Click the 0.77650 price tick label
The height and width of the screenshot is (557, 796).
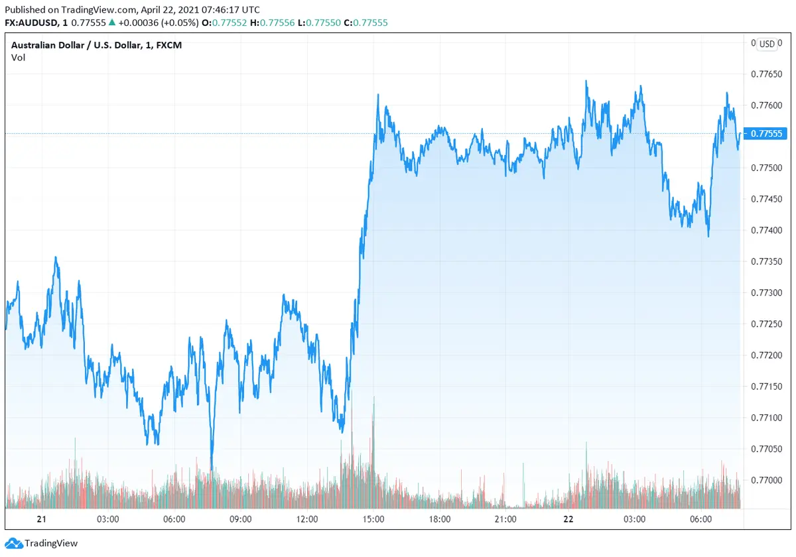(766, 74)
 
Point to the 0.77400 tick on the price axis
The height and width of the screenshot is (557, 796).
(766, 230)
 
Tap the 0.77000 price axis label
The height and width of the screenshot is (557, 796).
(766, 479)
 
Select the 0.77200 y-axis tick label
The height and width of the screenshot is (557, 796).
(766, 355)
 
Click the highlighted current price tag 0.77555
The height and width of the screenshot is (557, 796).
(766, 134)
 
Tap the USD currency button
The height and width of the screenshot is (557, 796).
(767, 44)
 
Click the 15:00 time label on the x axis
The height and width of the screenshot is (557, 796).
(373, 519)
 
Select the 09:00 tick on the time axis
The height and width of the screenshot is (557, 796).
(240, 519)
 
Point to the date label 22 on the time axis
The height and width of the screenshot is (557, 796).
(568, 519)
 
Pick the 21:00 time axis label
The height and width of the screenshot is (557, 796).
(505, 519)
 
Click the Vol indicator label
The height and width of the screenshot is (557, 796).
(18, 57)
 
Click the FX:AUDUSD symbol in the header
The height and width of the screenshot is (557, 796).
(33, 23)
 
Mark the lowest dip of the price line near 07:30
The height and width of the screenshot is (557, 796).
(212, 469)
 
